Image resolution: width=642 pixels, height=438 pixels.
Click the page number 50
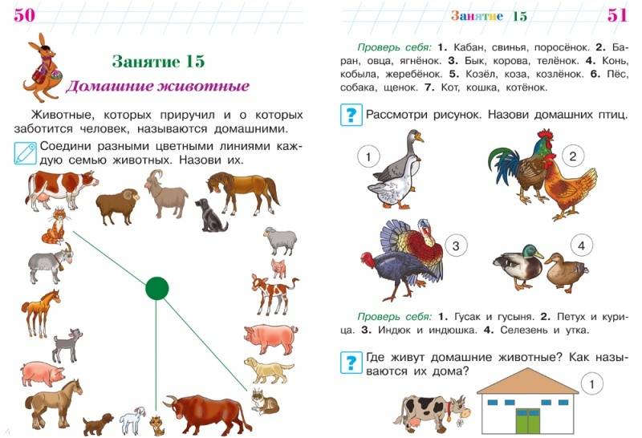(24, 15)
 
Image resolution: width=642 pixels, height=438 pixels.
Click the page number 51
(617, 15)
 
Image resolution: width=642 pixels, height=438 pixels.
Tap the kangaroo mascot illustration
(43, 67)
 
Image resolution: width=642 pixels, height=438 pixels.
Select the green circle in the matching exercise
(156, 288)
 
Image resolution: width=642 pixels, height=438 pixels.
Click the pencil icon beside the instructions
(26, 153)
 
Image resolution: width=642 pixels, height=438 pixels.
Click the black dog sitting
(210, 215)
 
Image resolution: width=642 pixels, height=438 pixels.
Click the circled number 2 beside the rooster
(572, 156)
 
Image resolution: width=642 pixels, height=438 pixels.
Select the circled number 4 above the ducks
(581, 245)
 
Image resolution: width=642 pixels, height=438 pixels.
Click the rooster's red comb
(545, 134)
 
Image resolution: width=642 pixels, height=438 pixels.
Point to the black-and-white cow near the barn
(431, 412)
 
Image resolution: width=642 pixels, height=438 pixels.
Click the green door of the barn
(528, 421)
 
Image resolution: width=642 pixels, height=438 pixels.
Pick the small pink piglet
(279, 269)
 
